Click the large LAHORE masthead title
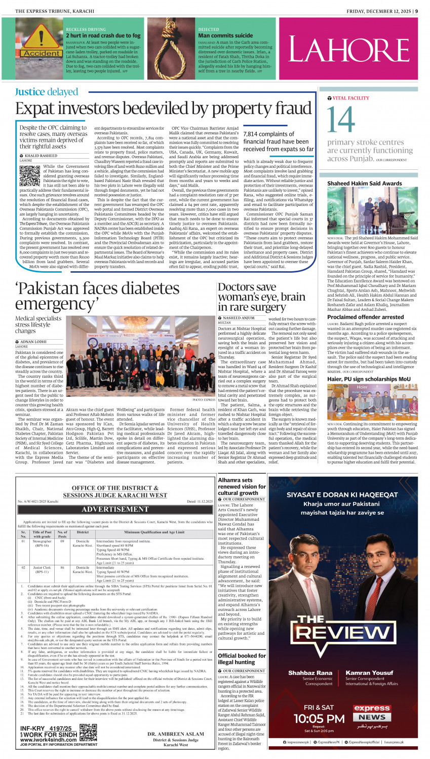click(349, 50)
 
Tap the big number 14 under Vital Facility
click(341, 120)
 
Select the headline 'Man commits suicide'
click(225, 35)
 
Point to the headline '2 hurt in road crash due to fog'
click(103, 35)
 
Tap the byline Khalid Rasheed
click(41, 156)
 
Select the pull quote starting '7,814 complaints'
click(278, 141)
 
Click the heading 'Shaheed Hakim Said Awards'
click(364, 183)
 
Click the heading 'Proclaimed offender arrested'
click(365, 317)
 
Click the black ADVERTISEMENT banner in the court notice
click(115, 509)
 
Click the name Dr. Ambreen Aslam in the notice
click(175, 734)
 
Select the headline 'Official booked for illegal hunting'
click(242, 659)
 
